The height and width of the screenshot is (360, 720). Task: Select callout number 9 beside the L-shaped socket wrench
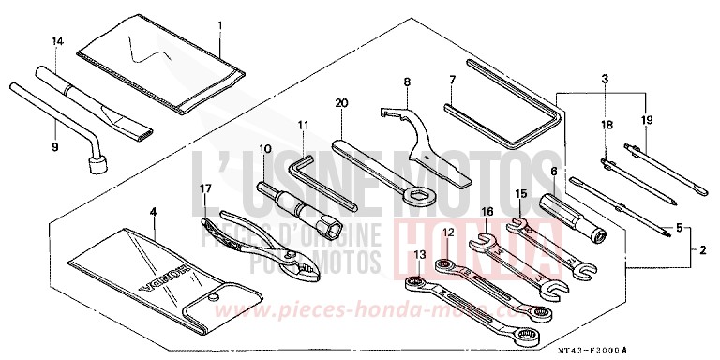pyautogui.click(x=55, y=146)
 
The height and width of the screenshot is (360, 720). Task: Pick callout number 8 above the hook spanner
pyautogui.click(x=407, y=82)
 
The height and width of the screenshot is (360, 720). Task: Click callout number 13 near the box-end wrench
pyautogui.click(x=419, y=254)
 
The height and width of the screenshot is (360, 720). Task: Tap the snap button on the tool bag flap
pyautogui.click(x=214, y=297)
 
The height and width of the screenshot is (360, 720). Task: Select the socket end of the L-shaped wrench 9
pyautogui.click(x=97, y=167)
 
